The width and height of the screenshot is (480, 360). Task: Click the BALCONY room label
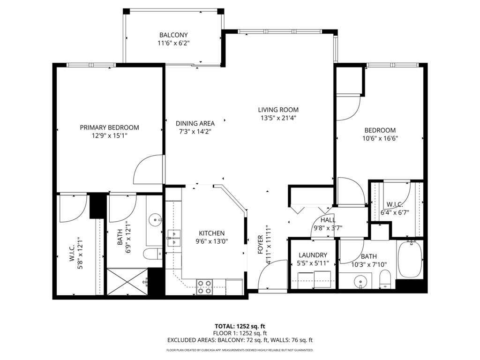click(x=173, y=35)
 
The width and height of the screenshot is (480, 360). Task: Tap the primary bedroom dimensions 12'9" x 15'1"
click(x=109, y=135)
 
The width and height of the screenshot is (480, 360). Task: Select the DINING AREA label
click(x=195, y=123)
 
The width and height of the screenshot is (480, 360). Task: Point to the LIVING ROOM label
click(x=278, y=110)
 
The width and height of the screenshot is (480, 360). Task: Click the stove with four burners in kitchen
click(x=204, y=286)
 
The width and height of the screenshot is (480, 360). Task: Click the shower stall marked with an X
click(x=127, y=281)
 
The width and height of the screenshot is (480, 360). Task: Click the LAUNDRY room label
click(x=313, y=255)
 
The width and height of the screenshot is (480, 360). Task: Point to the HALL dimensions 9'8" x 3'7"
click(x=328, y=228)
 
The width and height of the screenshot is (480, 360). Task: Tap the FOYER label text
click(x=261, y=245)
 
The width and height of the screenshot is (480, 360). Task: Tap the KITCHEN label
click(x=211, y=233)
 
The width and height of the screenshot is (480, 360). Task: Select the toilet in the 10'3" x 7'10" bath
click(x=385, y=281)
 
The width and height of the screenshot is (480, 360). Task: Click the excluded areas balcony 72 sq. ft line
click(x=240, y=340)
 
